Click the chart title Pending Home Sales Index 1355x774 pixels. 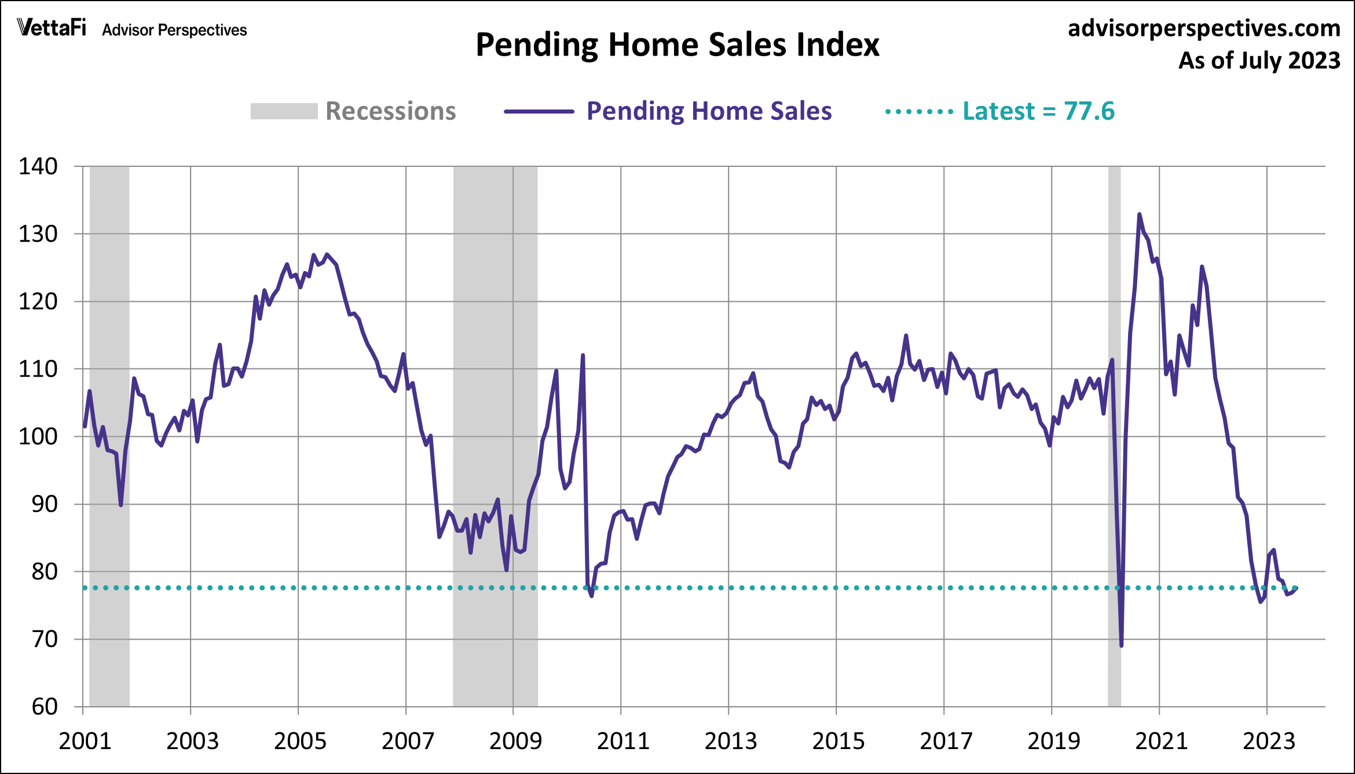tap(677, 45)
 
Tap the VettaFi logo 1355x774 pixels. tap(52, 27)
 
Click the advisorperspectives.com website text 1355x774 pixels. tap(1204, 28)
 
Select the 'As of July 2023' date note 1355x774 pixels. tap(1259, 61)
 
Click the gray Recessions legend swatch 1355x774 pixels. tap(284, 111)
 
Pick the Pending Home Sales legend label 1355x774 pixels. tap(709, 111)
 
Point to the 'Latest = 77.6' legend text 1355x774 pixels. tap(1038, 111)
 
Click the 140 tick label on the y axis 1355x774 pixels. tap(38, 167)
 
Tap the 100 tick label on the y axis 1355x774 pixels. tap(38, 436)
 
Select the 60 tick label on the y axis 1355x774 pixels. tap(44, 707)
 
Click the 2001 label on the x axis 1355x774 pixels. tap(85, 742)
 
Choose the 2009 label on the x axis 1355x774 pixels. tap(515, 742)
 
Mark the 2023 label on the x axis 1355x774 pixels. tap(1269, 742)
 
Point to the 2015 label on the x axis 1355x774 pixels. tap(838, 742)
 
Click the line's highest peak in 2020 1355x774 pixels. tap(1139, 214)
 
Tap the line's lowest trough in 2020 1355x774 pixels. tap(1122, 645)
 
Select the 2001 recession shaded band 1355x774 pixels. tap(109, 290)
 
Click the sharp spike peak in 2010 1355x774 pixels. tap(583, 355)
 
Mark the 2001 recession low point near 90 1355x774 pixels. tap(120, 505)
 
